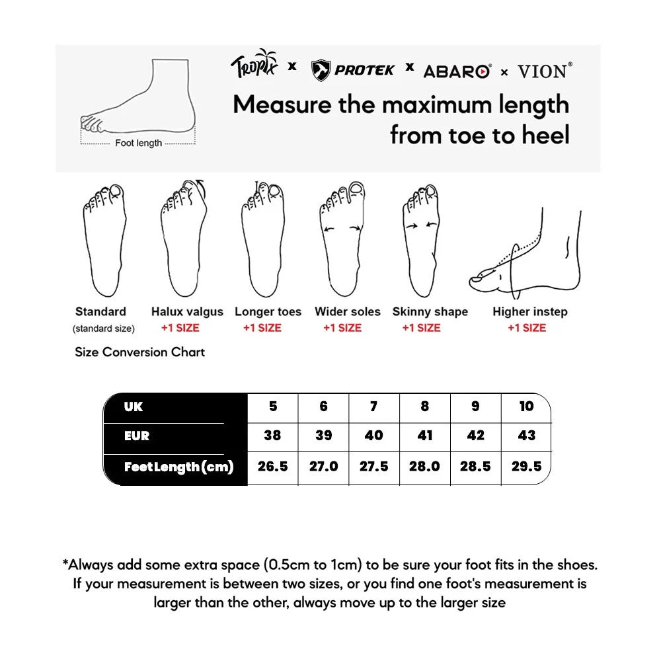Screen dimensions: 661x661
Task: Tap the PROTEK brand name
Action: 364,69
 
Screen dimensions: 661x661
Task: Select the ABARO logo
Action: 457,71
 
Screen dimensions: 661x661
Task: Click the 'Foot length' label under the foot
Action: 138,143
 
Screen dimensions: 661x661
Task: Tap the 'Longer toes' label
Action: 268,311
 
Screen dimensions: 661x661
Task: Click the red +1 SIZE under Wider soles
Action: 342,328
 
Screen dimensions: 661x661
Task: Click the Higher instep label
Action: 529,311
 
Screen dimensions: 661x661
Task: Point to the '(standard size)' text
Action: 103,329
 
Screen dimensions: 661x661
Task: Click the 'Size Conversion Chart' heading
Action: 140,352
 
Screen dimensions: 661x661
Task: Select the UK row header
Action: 134,407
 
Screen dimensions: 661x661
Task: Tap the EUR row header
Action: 137,436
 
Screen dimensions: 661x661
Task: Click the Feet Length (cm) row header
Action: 178,467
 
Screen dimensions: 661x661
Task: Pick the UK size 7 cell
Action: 373,407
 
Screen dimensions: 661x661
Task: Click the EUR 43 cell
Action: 526,436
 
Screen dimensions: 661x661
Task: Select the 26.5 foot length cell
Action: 273,467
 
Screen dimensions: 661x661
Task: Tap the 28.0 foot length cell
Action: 424,467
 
